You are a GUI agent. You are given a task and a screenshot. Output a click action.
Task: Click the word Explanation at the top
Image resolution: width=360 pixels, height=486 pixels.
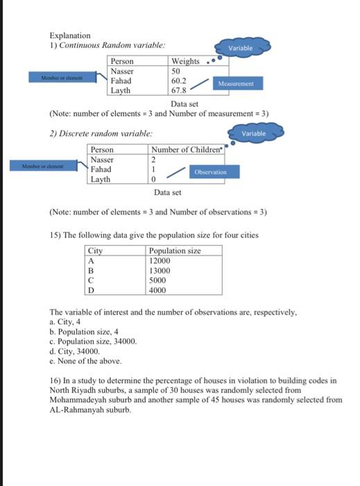point(69,35)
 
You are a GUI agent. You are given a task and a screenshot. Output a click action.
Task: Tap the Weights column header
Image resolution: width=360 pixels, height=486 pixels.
point(185,61)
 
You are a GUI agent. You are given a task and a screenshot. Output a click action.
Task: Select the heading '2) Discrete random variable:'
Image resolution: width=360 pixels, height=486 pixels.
point(101,133)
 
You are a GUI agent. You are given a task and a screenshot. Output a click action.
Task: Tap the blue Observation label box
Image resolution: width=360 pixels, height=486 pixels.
point(216,171)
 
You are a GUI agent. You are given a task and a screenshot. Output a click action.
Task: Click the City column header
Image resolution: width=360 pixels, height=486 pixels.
point(96,251)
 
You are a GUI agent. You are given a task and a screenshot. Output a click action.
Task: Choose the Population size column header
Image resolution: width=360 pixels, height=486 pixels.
point(175,251)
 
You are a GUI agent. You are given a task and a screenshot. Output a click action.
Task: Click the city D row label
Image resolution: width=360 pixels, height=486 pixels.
point(91,290)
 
